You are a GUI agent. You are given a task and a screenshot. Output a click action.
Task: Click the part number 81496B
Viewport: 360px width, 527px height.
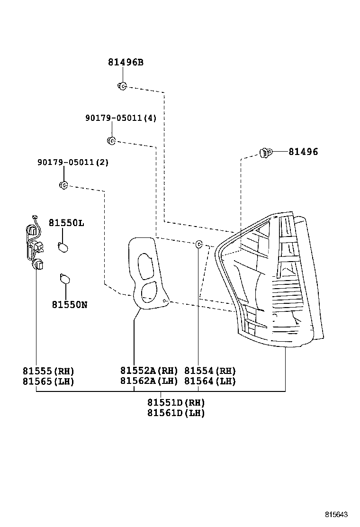125,62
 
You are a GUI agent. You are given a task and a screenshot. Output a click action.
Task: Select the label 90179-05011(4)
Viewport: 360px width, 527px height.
121,118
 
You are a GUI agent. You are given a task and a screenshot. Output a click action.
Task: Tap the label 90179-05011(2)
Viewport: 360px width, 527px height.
73,162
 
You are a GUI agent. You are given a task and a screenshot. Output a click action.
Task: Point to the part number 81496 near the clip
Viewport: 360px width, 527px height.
303,152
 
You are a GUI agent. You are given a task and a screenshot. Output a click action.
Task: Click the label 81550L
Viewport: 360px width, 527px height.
66,223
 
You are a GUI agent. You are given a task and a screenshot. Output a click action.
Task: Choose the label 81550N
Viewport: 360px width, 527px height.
70,304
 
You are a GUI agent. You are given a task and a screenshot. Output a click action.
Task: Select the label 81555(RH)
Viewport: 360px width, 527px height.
48,371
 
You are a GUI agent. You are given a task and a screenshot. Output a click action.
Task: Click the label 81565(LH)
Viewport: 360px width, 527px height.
48,381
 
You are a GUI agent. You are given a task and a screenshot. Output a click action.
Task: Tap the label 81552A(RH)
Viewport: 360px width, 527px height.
149,371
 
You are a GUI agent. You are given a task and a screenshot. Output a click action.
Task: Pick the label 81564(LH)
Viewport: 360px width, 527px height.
210,381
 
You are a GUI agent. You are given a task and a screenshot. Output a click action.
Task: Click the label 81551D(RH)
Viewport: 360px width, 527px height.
176,403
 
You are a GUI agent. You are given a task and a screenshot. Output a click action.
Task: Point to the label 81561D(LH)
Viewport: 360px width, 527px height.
176,413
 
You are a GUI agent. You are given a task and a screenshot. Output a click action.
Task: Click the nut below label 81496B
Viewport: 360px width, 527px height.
121,86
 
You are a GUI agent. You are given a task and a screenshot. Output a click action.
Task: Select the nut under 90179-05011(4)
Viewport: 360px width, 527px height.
111,140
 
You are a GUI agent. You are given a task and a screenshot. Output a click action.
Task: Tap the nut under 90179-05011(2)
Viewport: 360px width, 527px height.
63,185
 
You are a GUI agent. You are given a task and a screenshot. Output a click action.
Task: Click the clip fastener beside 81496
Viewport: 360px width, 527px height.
266,153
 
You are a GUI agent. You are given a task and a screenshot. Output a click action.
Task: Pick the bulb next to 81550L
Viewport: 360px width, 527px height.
63,246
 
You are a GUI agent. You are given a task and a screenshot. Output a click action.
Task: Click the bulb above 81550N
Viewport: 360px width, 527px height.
64,280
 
